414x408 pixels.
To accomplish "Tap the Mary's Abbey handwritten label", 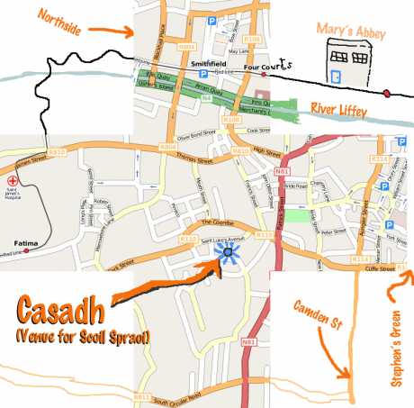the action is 350,33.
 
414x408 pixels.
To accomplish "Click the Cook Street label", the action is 263,131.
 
